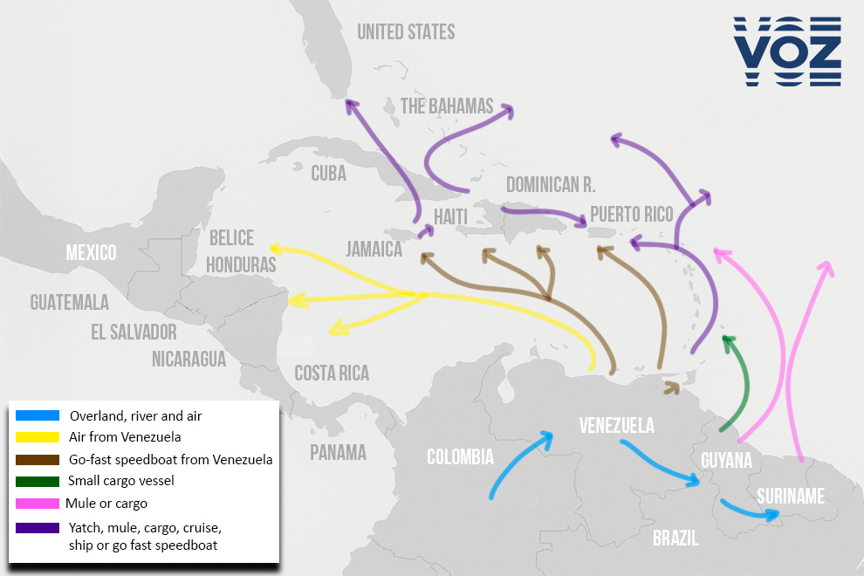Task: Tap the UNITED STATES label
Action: [x=406, y=32]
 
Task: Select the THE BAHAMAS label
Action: [x=447, y=106]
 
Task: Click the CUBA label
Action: [x=328, y=173]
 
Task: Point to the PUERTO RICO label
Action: [x=631, y=214]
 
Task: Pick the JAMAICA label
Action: [x=374, y=250]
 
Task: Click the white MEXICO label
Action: [x=92, y=253]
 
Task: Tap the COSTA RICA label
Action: [x=332, y=374]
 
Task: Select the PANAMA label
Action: [x=338, y=452]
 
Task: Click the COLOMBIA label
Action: [x=460, y=456]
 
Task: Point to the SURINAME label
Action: [x=791, y=496]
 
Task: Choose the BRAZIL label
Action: [x=675, y=538]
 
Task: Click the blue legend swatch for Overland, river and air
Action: [x=37, y=415]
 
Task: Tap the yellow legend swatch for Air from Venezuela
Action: [x=37, y=437]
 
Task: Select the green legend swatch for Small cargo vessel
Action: [x=37, y=481]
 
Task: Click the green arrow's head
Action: [x=728, y=341]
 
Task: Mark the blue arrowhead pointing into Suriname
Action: [x=771, y=514]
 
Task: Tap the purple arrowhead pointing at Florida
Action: [x=351, y=106]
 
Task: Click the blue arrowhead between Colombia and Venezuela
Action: [x=548, y=436]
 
